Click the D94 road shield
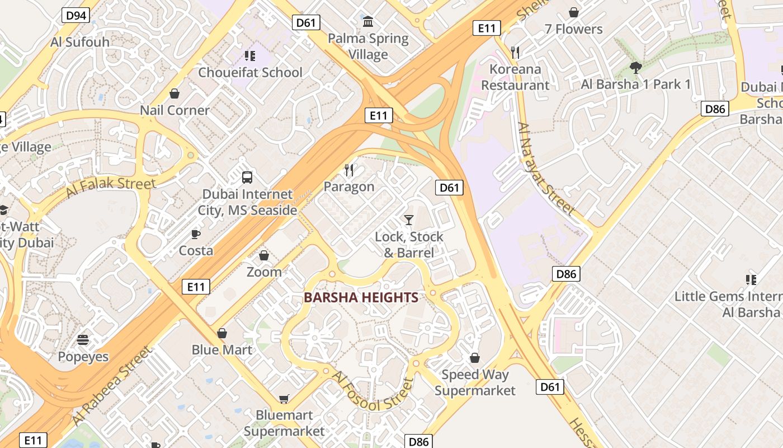76,15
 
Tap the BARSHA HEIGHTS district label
361,297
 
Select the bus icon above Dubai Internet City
247,178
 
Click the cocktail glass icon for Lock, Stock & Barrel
409,220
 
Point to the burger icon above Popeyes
83,339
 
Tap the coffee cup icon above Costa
196,234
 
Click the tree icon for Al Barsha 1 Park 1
635,68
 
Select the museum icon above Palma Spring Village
368,22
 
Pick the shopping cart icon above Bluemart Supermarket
284,399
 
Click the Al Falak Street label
111,188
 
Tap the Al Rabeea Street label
112,386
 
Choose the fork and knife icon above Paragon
349,169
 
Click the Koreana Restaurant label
515,77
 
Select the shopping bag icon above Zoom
264,255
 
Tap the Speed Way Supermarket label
475,382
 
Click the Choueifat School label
250,72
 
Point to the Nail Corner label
174,110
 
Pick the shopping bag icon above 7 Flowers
574,12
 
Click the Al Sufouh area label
80,42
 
